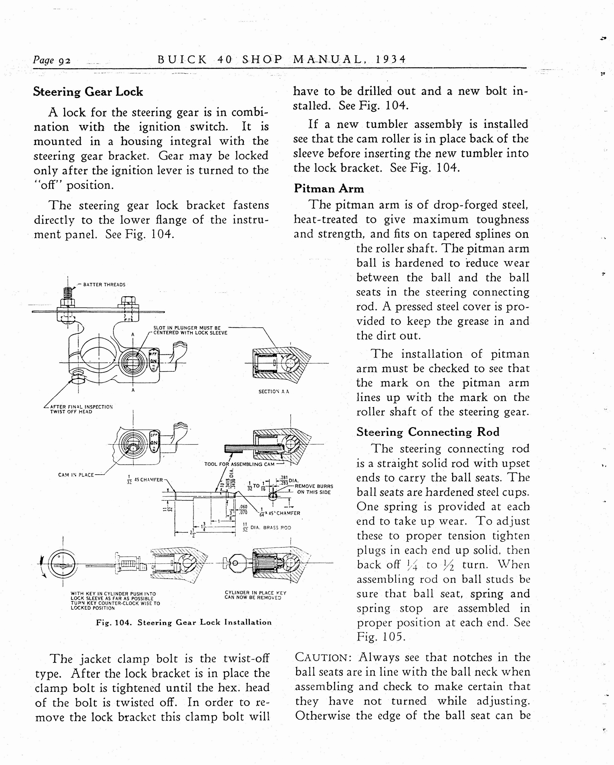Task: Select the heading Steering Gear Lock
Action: point(88,92)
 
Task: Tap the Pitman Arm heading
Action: point(329,188)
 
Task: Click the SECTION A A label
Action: point(273,391)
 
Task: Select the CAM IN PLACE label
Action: point(76,475)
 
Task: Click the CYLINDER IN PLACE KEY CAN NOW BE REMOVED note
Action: point(255,595)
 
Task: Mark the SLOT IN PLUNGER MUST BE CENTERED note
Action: point(190,330)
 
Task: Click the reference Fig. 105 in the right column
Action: point(380,637)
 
